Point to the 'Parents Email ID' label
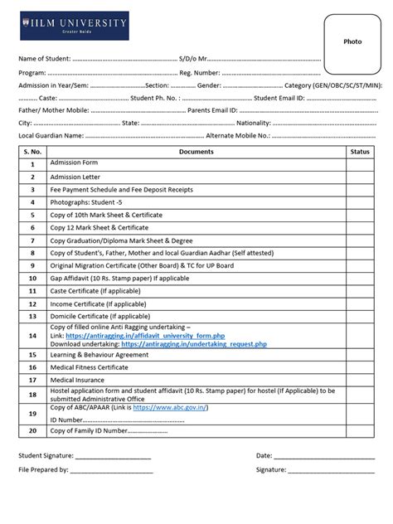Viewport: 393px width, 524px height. pyautogui.click(x=213, y=109)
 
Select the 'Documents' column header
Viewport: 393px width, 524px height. pyautogui.click(x=196, y=152)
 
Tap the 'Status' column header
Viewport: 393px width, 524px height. pyautogui.click(x=360, y=152)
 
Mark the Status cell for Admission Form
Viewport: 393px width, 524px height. pyautogui.click(x=360, y=164)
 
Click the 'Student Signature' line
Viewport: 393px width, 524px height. pyautogui.click(x=114, y=456)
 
